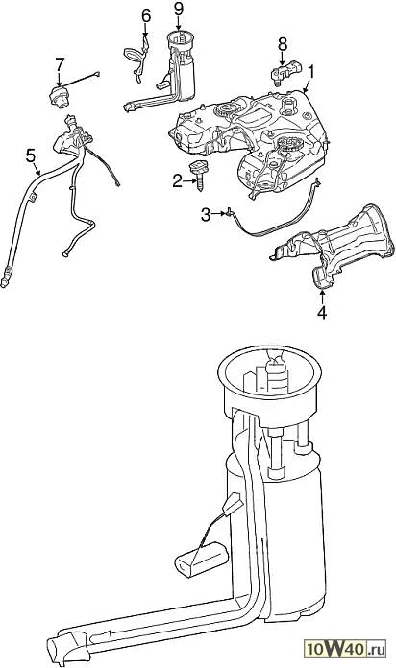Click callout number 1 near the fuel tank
[x=312, y=72]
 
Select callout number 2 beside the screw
[x=178, y=181]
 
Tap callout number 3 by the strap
[x=206, y=215]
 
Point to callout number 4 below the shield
[x=322, y=312]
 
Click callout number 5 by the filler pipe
[x=31, y=155]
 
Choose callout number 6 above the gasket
[x=146, y=15]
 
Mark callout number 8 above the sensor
[x=283, y=44]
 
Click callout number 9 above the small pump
[x=179, y=10]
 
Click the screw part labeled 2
[x=198, y=174]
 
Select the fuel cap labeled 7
[x=58, y=95]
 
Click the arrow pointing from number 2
[x=189, y=182]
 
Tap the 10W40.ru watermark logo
[x=345, y=650]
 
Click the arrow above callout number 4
[x=322, y=296]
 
